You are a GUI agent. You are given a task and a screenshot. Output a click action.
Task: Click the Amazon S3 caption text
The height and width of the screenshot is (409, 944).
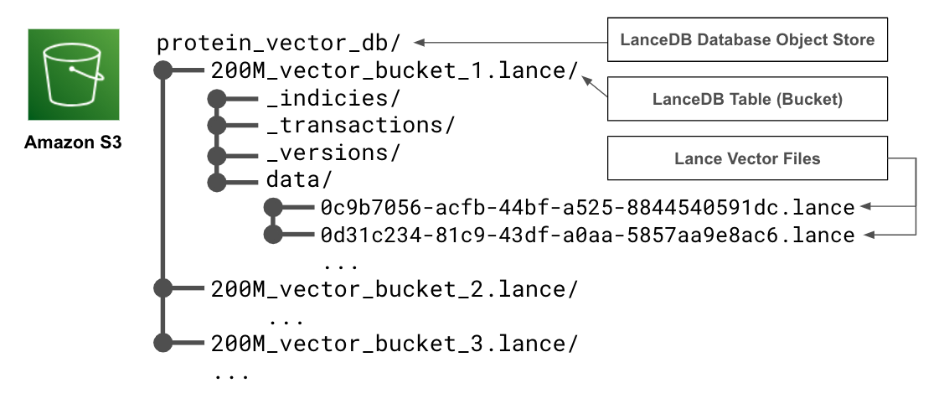tap(73, 142)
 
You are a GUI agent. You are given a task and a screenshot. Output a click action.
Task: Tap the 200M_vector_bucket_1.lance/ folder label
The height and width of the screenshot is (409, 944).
tap(395, 70)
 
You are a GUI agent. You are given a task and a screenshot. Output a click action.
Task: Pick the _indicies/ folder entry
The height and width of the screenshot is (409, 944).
tap(333, 97)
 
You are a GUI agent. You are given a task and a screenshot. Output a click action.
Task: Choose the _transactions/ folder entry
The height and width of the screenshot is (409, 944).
tap(361, 125)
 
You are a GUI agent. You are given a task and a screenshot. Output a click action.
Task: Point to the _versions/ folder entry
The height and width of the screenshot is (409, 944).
tap(333, 153)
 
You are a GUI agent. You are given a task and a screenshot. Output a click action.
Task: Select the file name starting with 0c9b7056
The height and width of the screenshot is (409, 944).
tap(587, 207)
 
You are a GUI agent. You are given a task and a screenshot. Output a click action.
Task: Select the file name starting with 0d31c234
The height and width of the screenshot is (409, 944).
tap(587, 235)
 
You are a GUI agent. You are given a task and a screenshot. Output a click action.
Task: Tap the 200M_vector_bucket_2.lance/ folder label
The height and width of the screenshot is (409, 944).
tap(395, 288)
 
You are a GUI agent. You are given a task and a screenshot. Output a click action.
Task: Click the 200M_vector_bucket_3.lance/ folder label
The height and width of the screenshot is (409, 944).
tap(395, 343)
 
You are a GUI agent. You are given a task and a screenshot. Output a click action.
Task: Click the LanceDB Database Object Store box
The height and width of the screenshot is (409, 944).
tap(747, 39)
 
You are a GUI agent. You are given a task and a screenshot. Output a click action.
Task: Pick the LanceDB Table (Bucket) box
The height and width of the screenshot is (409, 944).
tap(747, 99)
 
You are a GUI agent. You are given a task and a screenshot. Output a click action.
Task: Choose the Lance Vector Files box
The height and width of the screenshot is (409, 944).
tap(747, 158)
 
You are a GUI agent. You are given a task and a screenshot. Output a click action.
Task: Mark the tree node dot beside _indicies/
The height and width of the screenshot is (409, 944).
tap(218, 98)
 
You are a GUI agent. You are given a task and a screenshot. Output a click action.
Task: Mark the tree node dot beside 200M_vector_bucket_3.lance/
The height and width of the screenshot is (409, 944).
tap(163, 343)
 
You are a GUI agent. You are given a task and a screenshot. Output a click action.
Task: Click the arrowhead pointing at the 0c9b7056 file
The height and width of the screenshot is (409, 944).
tap(868, 207)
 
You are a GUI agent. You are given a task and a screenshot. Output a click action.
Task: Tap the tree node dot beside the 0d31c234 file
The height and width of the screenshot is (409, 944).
tap(272, 235)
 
